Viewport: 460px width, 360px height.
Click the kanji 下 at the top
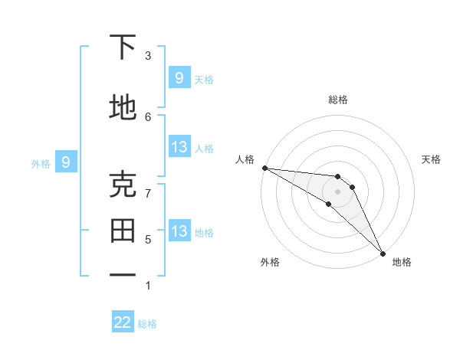click(123, 47)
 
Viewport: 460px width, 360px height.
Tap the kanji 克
click(123, 184)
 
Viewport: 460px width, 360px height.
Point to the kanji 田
click(123, 230)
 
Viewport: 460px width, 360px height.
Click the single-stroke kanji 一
click(123, 273)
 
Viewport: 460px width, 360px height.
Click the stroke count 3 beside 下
click(148, 56)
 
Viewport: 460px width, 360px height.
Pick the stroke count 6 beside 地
click(148, 116)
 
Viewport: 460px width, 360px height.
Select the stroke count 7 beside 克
click(148, 193)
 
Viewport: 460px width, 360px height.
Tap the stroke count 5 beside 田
click(148, 239)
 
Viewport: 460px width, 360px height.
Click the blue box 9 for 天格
click(179, 77)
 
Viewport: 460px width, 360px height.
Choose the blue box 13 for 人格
click(179, 147)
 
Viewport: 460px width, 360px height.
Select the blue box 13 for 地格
click(179, 231)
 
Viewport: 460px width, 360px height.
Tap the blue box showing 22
click(123, 322)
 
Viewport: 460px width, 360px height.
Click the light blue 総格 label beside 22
click(147, 324)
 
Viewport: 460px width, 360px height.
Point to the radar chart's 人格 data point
click(264, 168)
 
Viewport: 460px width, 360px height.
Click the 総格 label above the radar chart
click(337, 100)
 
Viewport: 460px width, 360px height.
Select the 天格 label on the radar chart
click(431, 159)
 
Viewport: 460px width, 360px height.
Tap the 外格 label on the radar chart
click(270, 262)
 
